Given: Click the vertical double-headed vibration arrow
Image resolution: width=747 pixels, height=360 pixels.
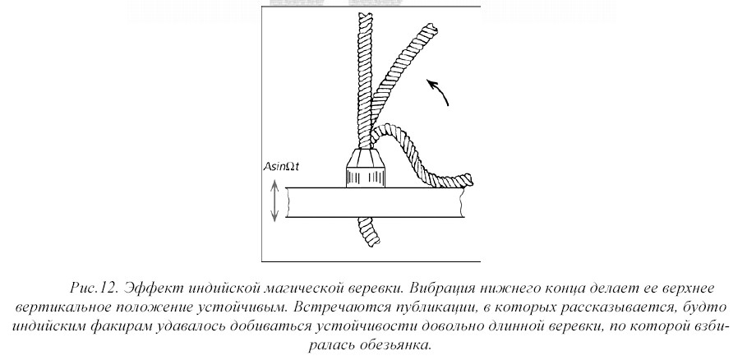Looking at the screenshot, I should [x=275, y=204].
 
